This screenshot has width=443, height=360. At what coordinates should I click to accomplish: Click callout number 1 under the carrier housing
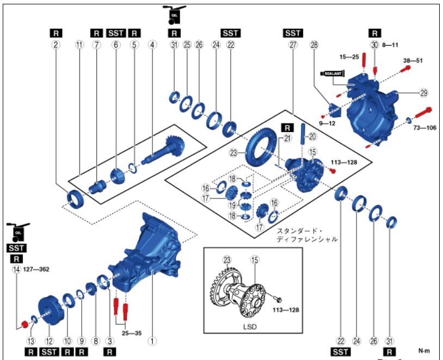(x=153, y=341)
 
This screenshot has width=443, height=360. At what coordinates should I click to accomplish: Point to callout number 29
(x=424, y=93)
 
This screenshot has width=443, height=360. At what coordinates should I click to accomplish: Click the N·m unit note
(x=424, y=351)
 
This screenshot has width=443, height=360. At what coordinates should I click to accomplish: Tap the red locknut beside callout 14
(x=24, y=325)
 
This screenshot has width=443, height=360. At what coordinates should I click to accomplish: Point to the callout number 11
(x=80, y=45)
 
